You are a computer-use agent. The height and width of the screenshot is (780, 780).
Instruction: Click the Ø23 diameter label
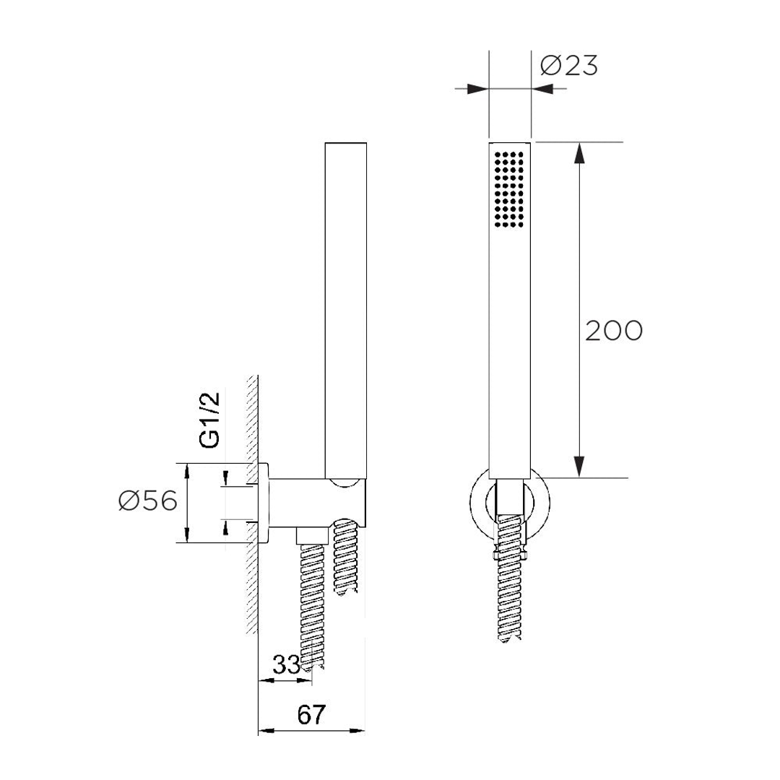[x=569, y=66]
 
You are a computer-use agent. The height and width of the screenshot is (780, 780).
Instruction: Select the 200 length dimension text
[x=613, y=331]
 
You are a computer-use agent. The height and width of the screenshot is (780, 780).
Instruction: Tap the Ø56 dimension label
[x=148, y=500]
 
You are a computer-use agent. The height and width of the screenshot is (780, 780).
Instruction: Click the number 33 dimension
[x=286, y=665]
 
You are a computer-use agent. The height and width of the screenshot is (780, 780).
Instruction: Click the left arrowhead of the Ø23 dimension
[x=478, y=89]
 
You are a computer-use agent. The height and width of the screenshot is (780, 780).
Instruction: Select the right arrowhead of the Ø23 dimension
[x=542, y=89]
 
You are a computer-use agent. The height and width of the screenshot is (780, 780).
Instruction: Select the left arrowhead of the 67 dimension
[x=268, y=731]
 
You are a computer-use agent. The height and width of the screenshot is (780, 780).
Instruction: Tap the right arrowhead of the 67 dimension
[x=357, y=731]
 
